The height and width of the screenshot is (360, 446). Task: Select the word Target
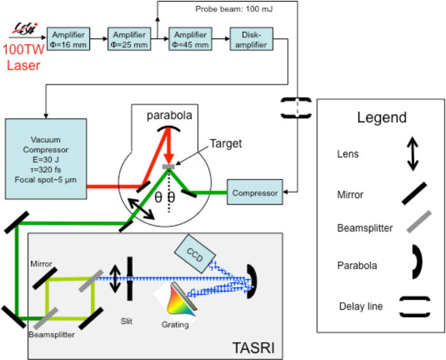click(x=226, y=144)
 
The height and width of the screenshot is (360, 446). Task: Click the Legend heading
click(x=382, y=118)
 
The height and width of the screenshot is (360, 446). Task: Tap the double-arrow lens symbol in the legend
click(x=414, y=154)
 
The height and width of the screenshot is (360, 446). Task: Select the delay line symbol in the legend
click(x=414, y=306)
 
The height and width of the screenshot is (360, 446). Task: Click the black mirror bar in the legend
click(x=414, y=192)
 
